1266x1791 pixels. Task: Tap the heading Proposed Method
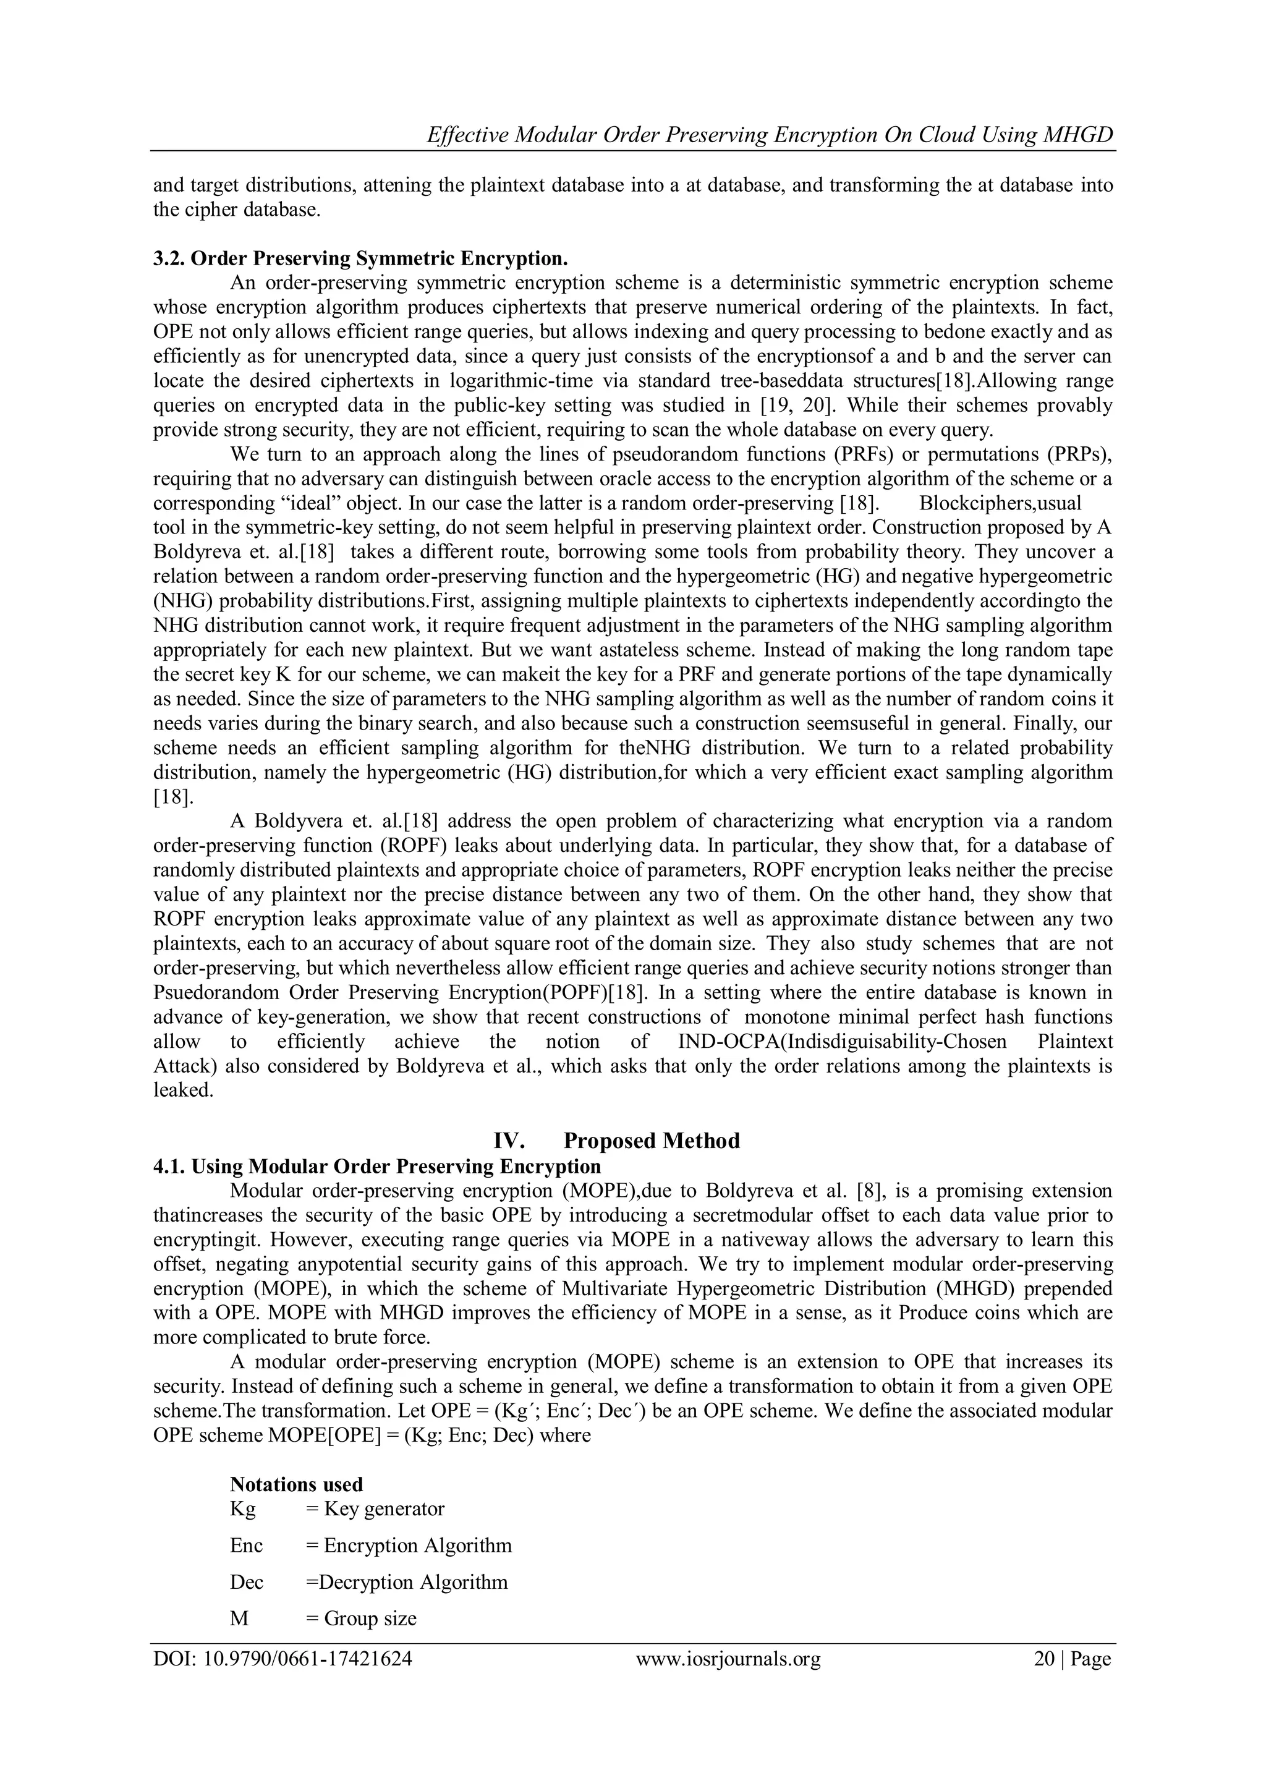(652, 1141)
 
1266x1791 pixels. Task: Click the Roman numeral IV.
(509, 1141)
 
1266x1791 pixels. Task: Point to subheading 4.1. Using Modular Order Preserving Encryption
(376, 1166)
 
